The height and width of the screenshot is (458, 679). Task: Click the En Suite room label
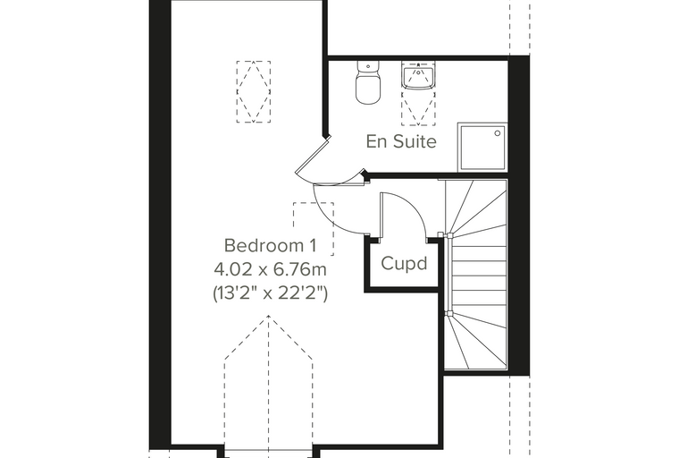pos(401,141)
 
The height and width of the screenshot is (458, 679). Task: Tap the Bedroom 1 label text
pos(270,245)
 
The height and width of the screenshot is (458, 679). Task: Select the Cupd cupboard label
pos(404,264)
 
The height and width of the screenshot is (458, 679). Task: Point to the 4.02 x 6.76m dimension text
pos(270,270)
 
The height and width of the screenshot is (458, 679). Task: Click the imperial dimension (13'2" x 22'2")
pos(270,294)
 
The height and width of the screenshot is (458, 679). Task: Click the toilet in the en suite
pos(368,82)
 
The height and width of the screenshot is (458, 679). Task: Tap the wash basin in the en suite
pos(418,76)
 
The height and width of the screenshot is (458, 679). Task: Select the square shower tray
pos(482,148)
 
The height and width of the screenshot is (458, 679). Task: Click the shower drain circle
pos(498,133)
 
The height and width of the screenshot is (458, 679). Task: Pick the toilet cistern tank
pos(368,66)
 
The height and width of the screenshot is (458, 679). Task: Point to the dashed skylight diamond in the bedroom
pos(254,91)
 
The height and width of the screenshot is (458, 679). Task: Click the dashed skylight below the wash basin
pos(418,107)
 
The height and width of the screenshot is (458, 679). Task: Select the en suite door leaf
pos(313,156)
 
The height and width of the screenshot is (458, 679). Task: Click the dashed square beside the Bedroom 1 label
pos(314,229)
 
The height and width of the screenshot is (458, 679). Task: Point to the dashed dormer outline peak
pos(269,316)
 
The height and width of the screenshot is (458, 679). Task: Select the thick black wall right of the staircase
pos(518,216)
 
